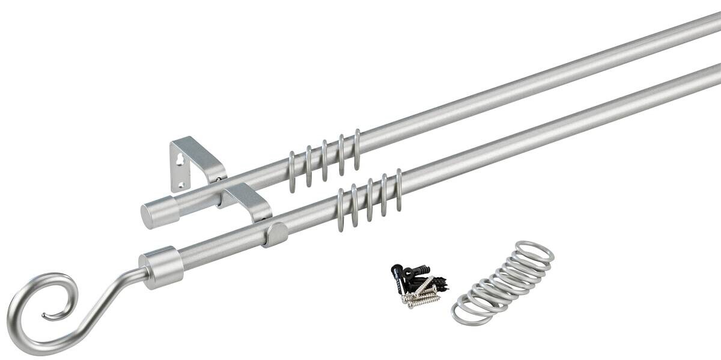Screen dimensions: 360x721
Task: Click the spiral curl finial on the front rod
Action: click(36, 313)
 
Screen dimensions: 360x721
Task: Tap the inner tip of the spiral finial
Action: click(44, 315)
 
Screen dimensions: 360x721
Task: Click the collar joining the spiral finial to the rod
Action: click(160, 267)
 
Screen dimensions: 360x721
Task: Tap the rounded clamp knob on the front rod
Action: click(277, 234)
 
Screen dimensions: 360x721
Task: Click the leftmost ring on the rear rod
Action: click(292, 171)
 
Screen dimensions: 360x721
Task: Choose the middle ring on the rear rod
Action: click(325, 160)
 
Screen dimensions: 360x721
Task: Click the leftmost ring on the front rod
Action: click(340, 210)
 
